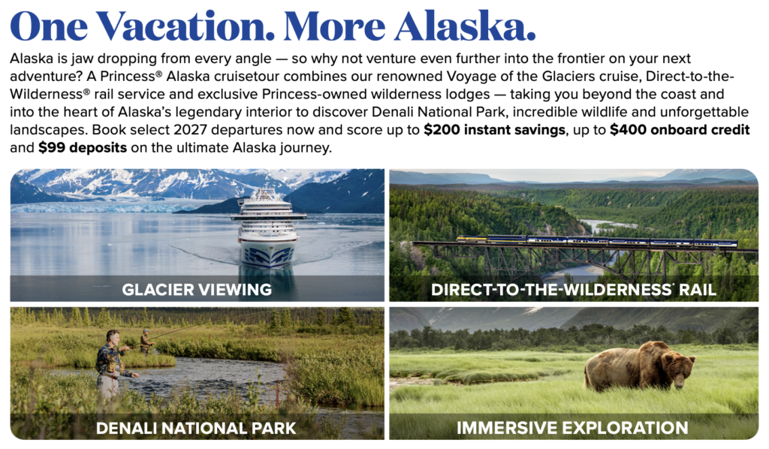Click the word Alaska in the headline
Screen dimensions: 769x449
coord(464,26)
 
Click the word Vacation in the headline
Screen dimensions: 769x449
coord(185,26)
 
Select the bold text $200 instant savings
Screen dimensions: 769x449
coord(495,130)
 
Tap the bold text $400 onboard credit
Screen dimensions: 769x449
coord(680,130)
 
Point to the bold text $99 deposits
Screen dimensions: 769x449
coord(83,148)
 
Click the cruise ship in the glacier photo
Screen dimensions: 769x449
coord(268,227)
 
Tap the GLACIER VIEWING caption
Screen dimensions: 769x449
coord(197,290)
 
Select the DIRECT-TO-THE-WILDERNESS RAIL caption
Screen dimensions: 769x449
coord(573,290)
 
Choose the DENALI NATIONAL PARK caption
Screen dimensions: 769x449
coord(196,428)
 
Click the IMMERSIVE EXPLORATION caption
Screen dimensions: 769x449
coord(572,427)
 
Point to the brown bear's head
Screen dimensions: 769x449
coord(679,368)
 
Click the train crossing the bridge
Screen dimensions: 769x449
coord(597,241)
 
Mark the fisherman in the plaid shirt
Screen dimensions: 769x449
coord(113,363)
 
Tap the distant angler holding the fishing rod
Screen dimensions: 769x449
coord(146,342)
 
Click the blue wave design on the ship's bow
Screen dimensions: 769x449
coord(268,255)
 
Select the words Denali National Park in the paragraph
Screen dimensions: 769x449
coord(438,113)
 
